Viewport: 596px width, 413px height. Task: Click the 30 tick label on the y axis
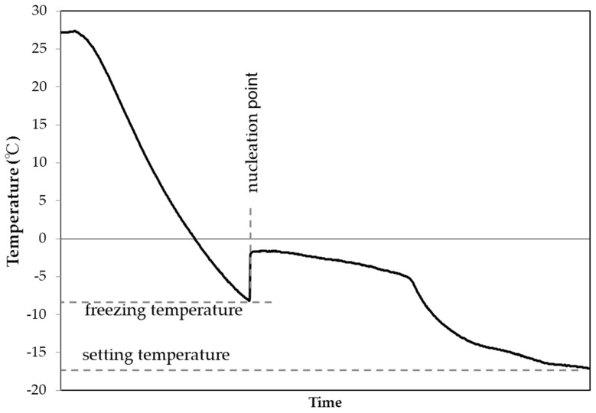click(40, 11)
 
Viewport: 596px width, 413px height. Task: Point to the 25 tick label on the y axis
click(40, 49)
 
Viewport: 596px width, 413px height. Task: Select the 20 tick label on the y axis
click(40, 87)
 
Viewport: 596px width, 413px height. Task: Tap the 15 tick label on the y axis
click(40, 125)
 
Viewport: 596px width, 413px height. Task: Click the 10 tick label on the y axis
click(40, 163)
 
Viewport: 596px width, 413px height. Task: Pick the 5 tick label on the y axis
click(44, 200)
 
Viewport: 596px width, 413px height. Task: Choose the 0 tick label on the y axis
click(44, 239)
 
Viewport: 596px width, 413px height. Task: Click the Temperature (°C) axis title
click(12, 200)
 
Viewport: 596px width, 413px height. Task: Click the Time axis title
click(325, 402)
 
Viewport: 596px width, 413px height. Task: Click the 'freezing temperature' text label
click(164, 311)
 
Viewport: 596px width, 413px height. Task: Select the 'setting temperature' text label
click(155, 356)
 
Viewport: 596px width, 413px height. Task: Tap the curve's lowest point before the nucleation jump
click(249, 300)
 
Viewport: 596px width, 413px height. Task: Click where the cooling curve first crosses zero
click(196, 239)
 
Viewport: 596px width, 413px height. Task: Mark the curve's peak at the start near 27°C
click(74, 31)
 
